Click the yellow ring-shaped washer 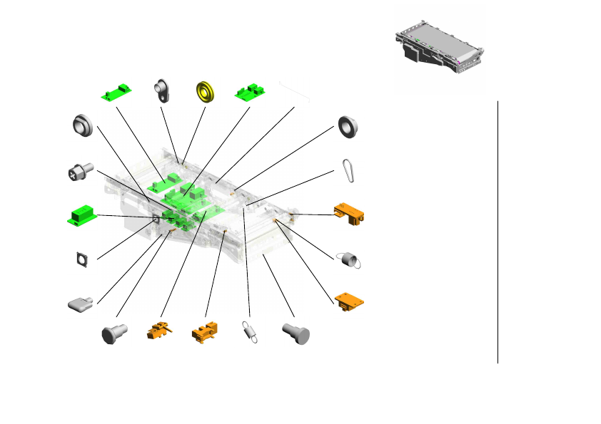206,92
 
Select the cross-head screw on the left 79,171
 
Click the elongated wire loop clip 349,168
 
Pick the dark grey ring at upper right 348,126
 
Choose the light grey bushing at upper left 83,127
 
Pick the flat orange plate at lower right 350,300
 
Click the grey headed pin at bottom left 114,333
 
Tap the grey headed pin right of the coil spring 296,332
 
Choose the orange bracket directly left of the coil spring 205,333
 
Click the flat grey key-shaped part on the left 81,304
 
